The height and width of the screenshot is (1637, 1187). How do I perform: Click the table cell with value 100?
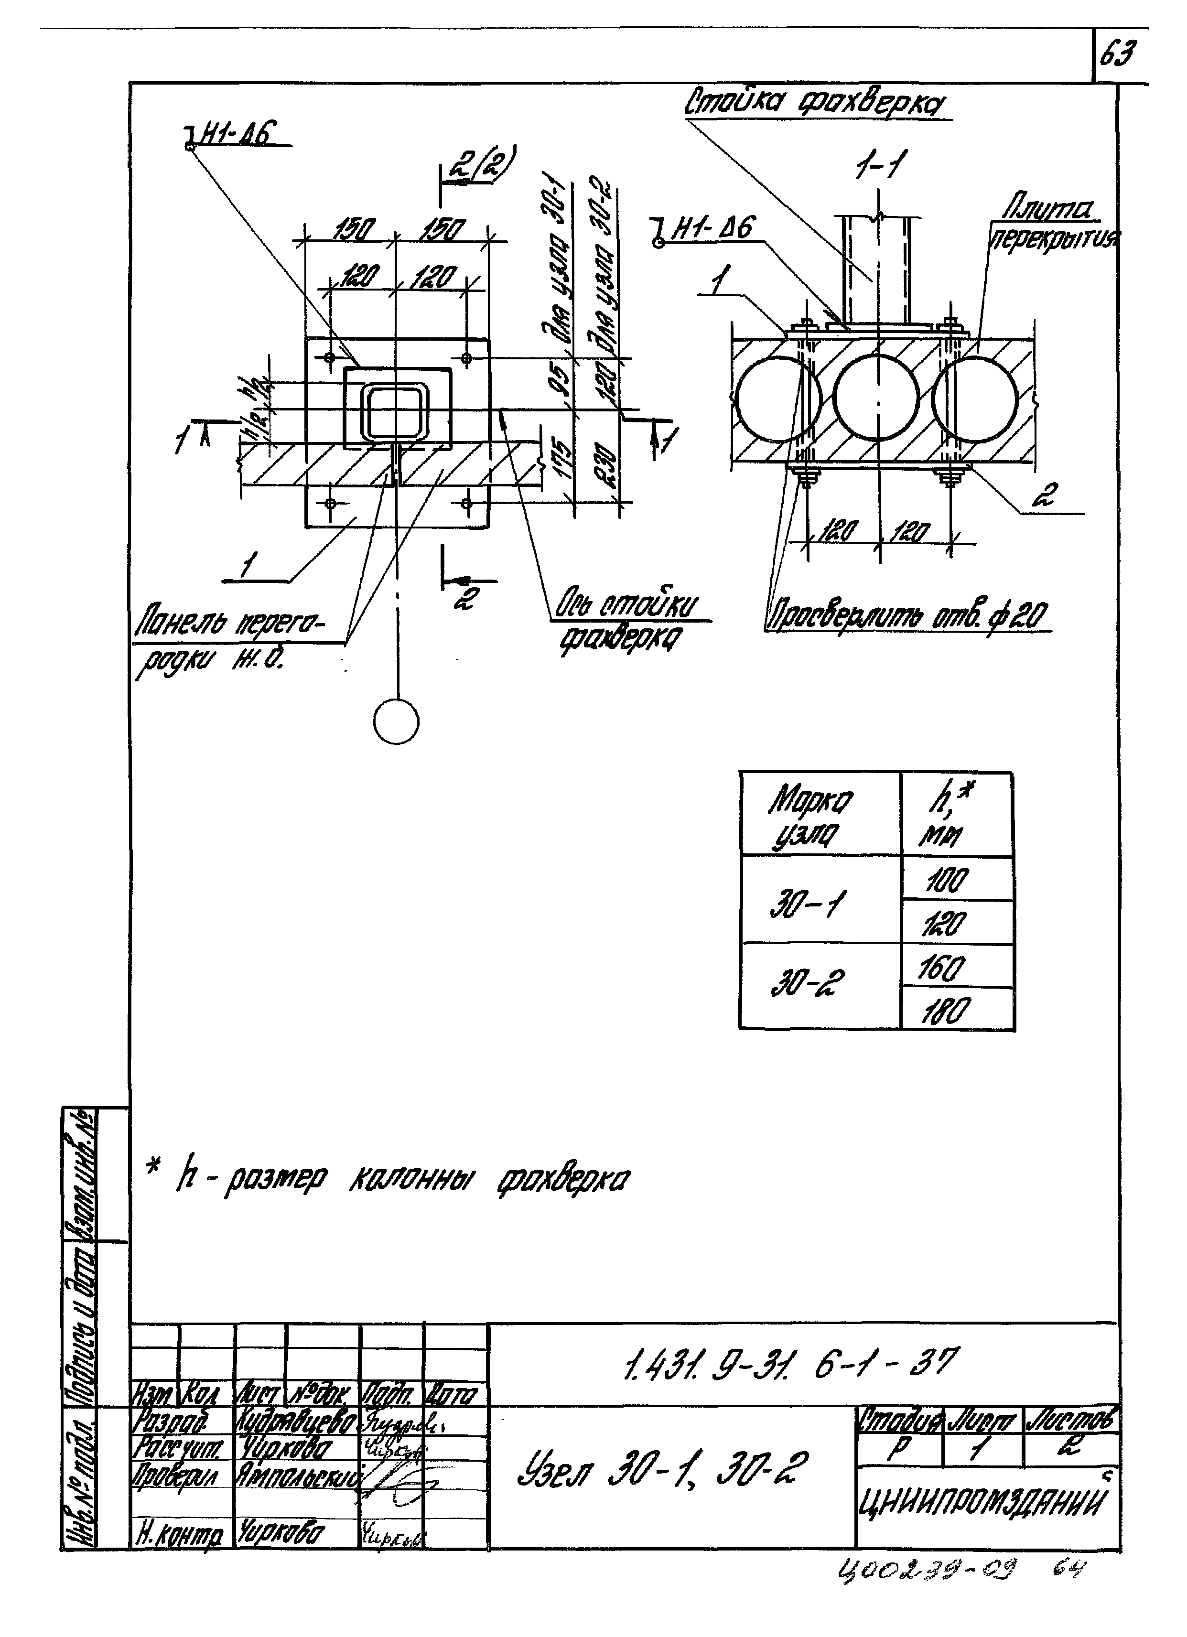[947, 881]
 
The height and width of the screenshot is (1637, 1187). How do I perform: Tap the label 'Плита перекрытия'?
[1054, 225]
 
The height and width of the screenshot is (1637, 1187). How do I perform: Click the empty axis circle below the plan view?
[397, 722]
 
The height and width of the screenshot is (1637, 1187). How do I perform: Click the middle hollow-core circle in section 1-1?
[876, 398]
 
